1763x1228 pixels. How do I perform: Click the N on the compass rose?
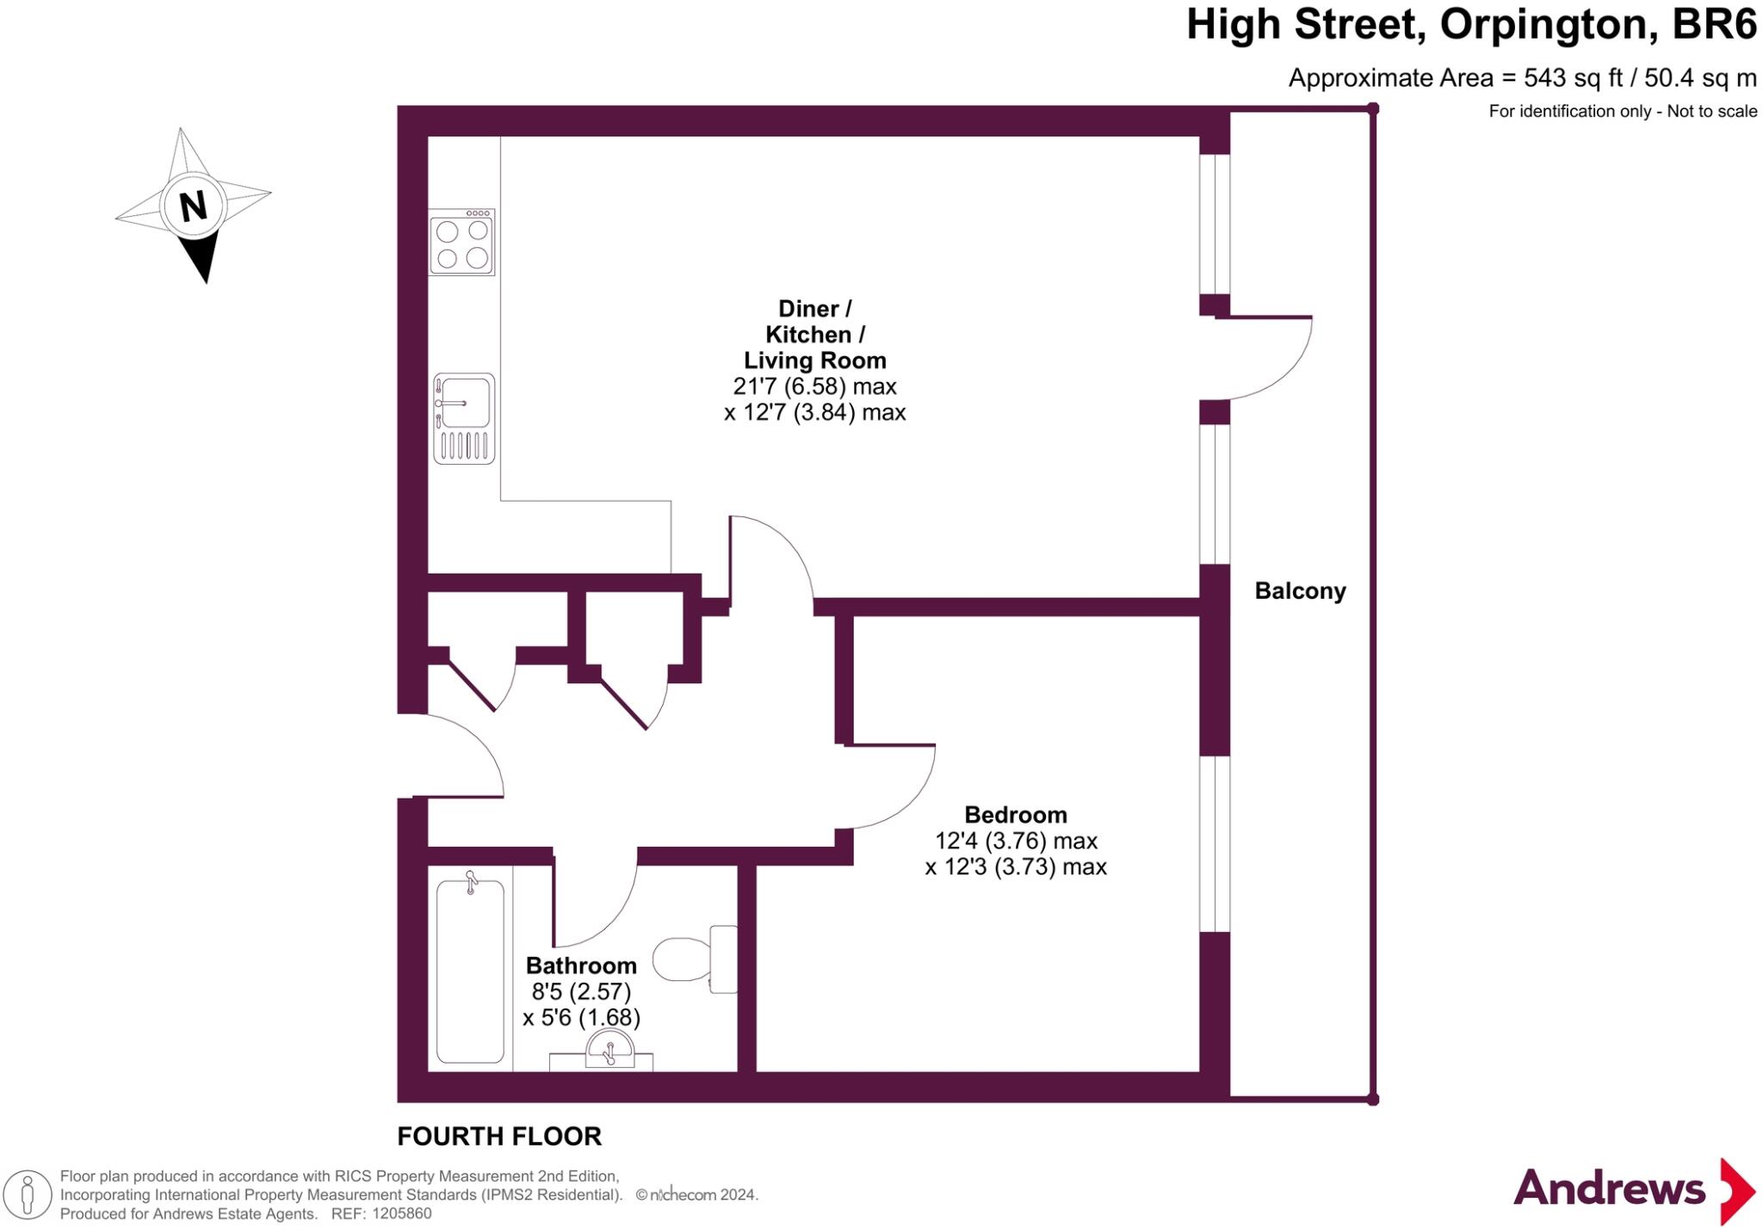click(x=193, y=207)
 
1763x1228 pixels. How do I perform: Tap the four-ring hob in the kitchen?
click(x=462, y=244)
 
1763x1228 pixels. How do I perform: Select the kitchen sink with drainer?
click(x=464, y=419)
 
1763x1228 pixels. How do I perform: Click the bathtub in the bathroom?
click(x=470, y=971)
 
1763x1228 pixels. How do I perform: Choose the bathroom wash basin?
click(x=609, y=1051)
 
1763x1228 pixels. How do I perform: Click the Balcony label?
click(x=1300, y=591)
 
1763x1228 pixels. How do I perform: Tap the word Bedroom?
click(x=1015, y=814)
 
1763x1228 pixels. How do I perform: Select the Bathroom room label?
click(x=581, y=966)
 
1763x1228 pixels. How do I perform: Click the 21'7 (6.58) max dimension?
click(x=814, y=386)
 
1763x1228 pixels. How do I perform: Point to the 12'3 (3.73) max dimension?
click(x=1015, y=867)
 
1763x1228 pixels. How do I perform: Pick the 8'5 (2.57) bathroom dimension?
click(x=581, y=991)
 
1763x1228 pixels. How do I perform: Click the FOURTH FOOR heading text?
click(x=499, y=1136)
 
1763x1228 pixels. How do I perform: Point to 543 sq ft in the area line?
click(x=1572, y=78)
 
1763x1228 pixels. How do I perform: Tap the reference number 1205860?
click(x=399, y=1213)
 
